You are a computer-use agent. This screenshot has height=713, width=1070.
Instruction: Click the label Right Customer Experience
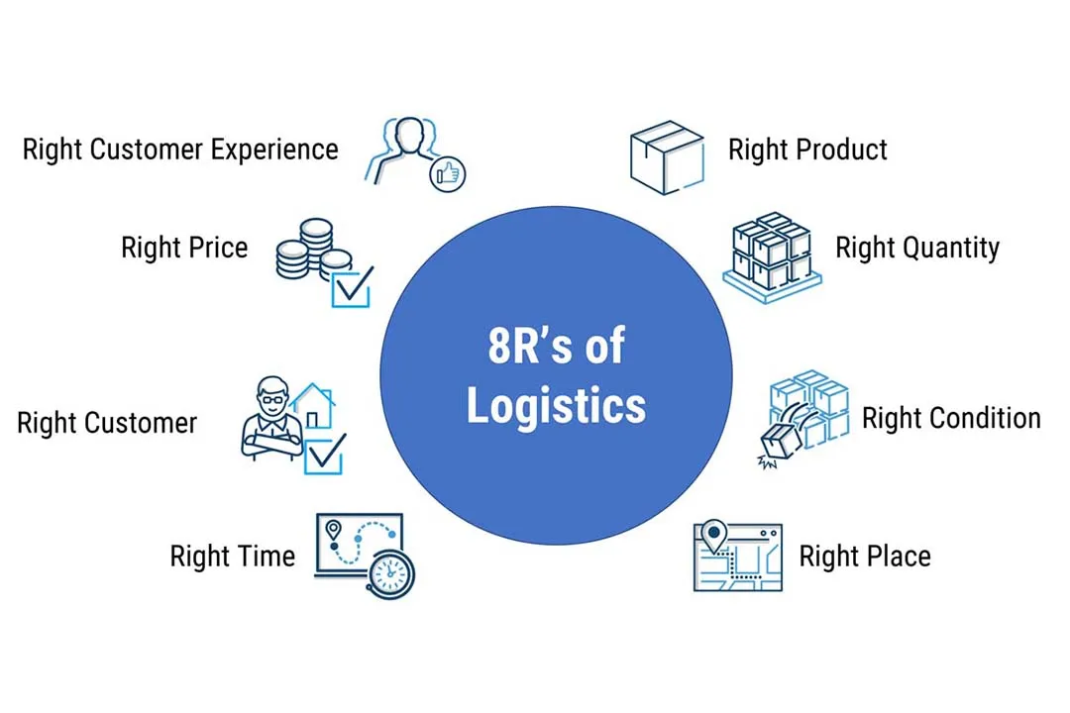(x=180, y=150)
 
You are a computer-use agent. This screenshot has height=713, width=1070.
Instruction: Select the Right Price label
(x=184, y=247)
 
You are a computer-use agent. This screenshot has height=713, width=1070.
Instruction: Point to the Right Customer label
(x=107, y=424)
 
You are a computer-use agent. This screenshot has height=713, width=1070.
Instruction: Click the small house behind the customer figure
(x=313, y=405)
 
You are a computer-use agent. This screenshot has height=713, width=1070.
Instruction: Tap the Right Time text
(x=232, y=556)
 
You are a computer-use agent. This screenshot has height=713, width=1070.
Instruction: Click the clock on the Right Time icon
(x=392, y=572)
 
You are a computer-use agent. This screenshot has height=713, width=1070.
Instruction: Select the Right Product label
(x=807, y=150)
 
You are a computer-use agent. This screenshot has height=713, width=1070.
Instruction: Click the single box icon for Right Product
(x=667, y=156)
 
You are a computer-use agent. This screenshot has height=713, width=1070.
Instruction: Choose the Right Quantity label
(x=917, y=247)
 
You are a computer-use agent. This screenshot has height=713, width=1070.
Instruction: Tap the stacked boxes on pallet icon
(x=772, y=255)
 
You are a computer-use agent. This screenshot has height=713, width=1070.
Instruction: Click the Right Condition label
(x=951, y=418)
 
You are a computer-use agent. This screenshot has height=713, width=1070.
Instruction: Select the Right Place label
(x=865, y=556)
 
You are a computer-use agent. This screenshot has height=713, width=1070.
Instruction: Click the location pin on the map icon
(x=712, y=536)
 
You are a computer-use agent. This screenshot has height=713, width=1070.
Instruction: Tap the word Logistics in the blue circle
(x=556, y=405)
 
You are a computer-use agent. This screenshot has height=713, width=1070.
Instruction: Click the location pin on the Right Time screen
(x=334, y=531)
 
